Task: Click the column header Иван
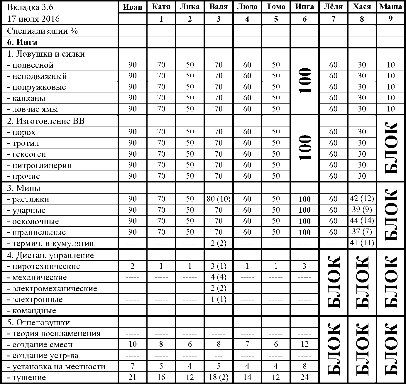point(132,7)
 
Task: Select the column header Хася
point(362,7)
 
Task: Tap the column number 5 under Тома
point(276,19)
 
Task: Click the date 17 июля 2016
point(33,19)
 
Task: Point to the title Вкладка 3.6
point(26,7)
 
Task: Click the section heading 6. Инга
point(22,42)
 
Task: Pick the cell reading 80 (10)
point(219,199)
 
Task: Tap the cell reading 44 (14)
point(362,221)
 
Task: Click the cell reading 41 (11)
point(362,243)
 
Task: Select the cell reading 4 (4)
point(219,277)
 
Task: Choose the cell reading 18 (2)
point(219,378)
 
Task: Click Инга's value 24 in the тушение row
point(304,378)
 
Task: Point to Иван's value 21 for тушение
point(132,378)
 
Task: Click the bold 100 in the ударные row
point(304,210)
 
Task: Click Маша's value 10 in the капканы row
point(391,98)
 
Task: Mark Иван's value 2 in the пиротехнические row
point(132,266)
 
